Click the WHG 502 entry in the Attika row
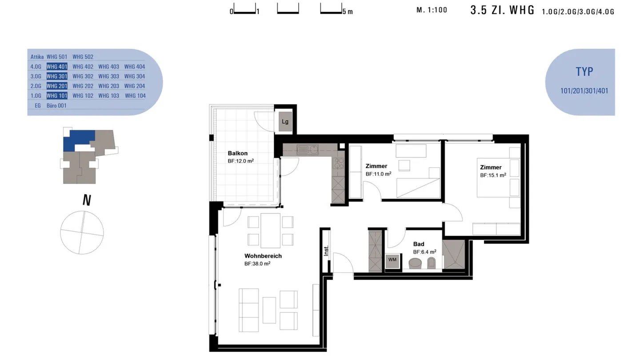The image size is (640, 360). point(83,57)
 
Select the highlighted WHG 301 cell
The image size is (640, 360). point(57,76)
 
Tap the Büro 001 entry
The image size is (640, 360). point(56,106)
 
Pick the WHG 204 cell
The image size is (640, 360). point(135,86)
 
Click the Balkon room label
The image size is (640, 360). point(237,153)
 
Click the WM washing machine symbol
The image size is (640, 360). point(392,260)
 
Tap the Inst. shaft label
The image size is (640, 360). point(326,251)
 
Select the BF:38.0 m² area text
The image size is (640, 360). point(257,264)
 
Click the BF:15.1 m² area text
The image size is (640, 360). point(493,176)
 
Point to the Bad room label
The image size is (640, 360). point(418,244)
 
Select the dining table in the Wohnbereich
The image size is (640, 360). point(270,231)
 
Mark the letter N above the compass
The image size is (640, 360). point(87,200)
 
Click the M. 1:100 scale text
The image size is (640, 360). point(432,10)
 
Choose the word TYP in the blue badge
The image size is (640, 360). point(584,72)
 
